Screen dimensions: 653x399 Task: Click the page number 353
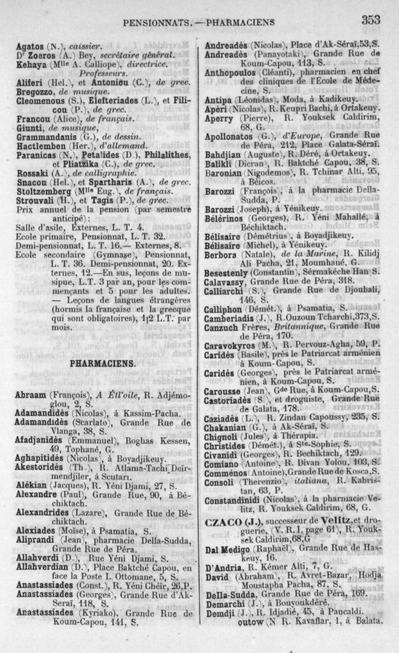371,20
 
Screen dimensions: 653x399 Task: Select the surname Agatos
29,46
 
